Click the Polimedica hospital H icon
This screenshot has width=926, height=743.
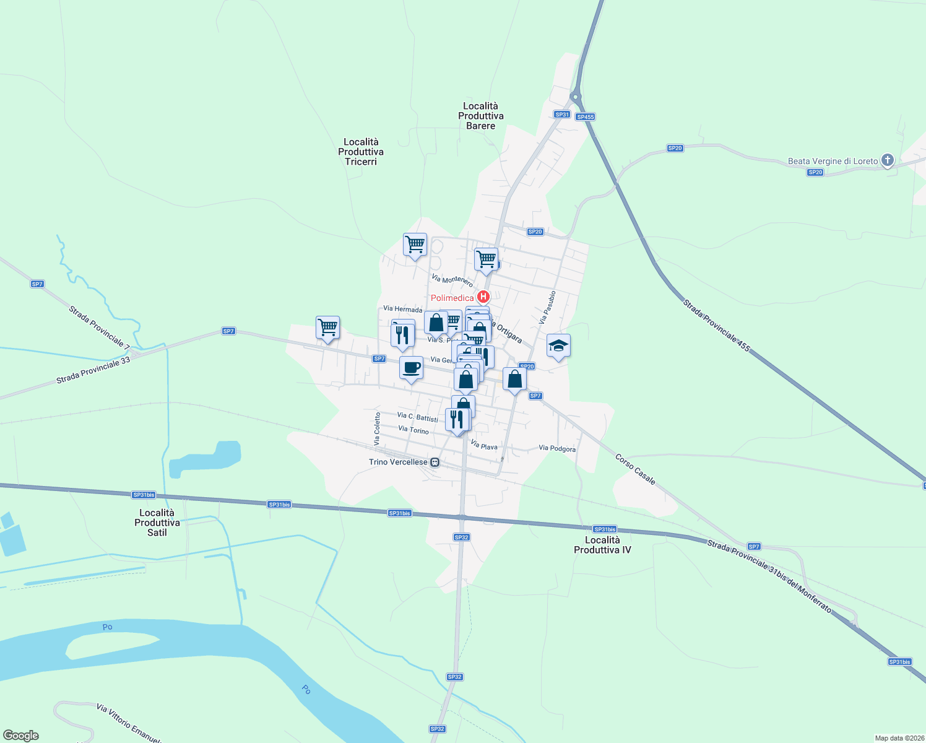tap(484, 297)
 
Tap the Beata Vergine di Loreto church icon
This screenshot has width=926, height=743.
tap(887, 161)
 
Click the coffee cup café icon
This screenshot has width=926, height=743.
tap(411, 368)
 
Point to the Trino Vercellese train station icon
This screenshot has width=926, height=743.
tap(435, 462)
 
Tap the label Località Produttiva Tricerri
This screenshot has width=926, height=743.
tap(361, 152)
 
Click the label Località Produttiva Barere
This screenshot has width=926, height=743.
tap(481, 116)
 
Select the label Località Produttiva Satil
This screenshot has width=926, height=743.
tap(157, 523)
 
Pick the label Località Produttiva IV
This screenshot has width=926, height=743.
tap(602, 545)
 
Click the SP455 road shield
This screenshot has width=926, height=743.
tap(585, 116)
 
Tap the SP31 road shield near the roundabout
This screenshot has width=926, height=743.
tap(561, 115)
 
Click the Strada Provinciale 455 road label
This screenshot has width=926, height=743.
tap(716, 326)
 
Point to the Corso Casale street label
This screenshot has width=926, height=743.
tap(635, 469)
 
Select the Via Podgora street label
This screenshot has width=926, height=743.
tap(557, 448)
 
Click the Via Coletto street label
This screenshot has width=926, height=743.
tap(377, 428)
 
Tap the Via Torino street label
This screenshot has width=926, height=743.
tap(413, 430)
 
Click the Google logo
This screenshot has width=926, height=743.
tap(20, 736)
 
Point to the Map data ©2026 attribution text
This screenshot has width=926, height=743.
tap(899, 738)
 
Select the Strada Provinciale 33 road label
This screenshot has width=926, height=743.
tap(93, 371)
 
